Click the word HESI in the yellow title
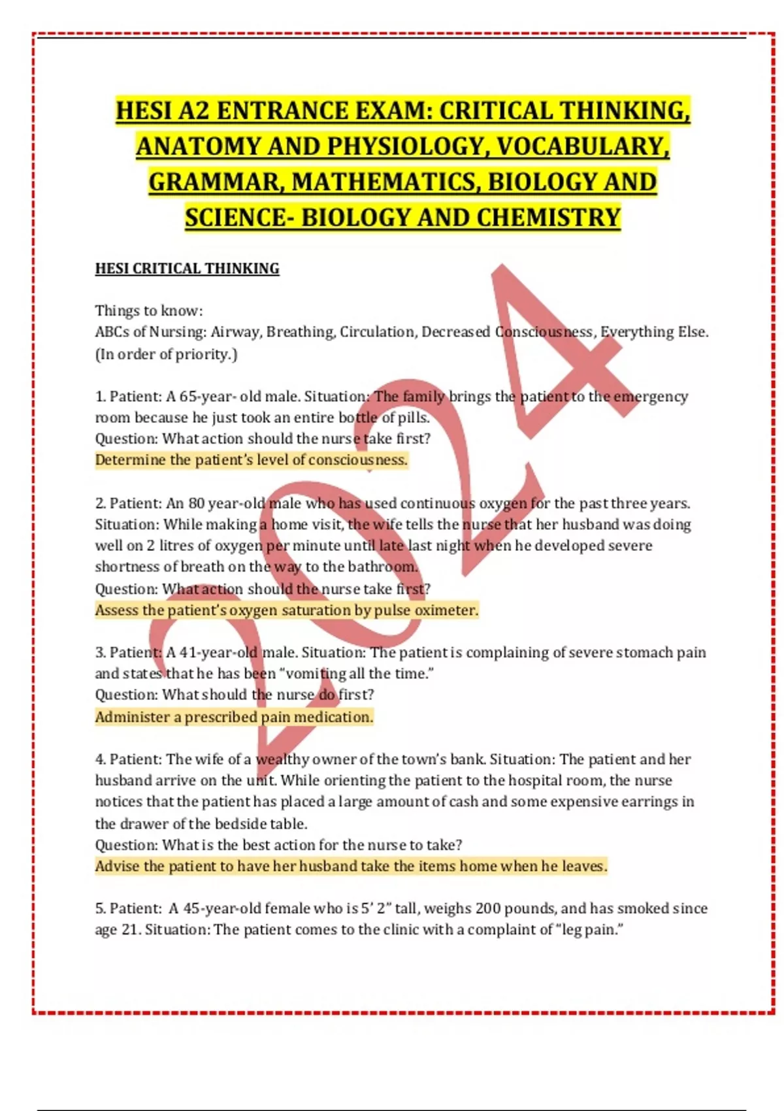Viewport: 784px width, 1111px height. pyautogui.click(x=144, y=110)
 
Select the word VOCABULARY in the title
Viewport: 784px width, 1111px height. pyautogui.click(x=581, y=146)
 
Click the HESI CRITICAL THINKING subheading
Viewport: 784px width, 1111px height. pyautogui.click(x=187, y=269)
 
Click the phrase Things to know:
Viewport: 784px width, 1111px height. pyautogui.click(x=149, y=310)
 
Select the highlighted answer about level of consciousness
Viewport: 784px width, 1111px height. pyautogui.click(x=252, y=460)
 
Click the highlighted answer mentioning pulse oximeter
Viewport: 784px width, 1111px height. pyautogui.click(x=286, y=610)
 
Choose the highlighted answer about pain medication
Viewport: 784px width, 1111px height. pyautogui.click(x=234, y=717)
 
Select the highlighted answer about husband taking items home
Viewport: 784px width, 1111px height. pyautogui.click(x=351, y=867)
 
